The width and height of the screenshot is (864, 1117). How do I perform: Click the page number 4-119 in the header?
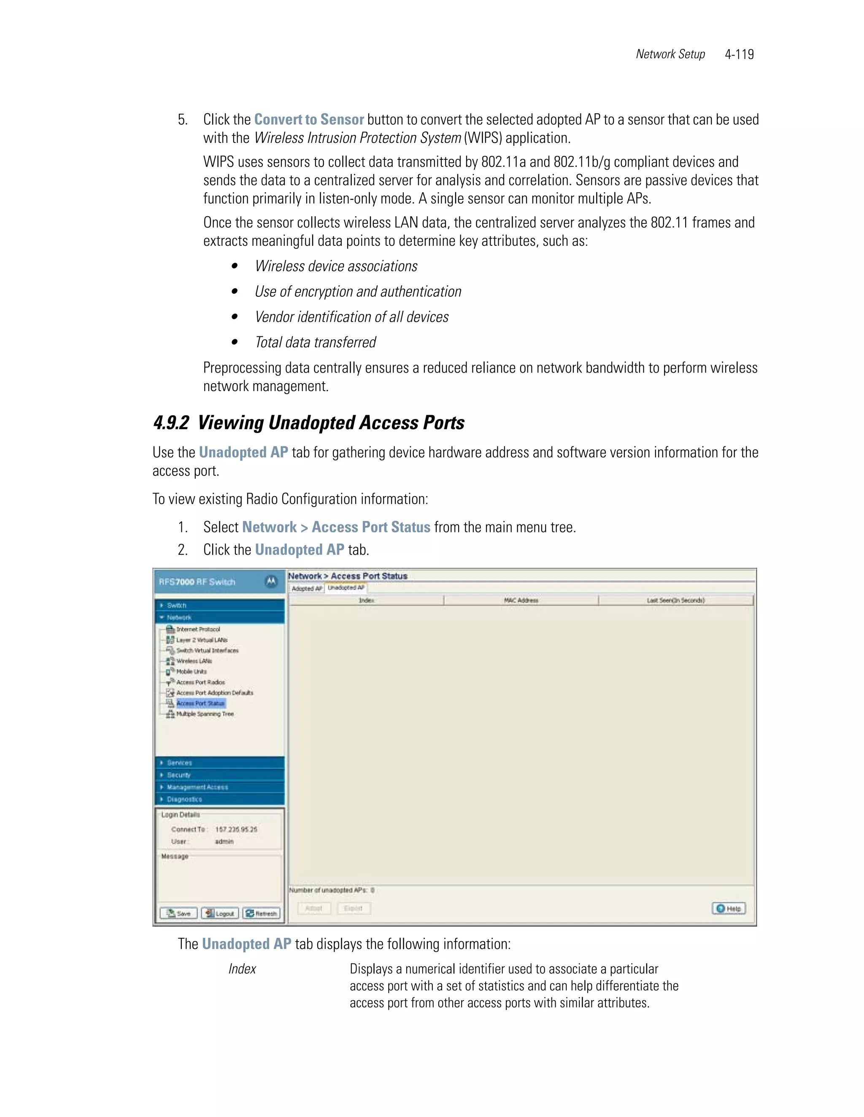(739, 54)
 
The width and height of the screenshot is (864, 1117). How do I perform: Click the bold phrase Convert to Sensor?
(309, 120)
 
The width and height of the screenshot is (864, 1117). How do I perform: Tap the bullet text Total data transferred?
(315, 342)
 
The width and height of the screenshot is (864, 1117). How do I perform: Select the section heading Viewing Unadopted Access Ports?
(331, 423)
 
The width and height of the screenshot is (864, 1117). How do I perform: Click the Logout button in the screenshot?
(220, 913)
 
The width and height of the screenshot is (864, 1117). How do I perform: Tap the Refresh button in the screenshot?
(261, 913)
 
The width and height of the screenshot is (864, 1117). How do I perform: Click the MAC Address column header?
(521, 600)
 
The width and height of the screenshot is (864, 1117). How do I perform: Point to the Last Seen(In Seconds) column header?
(676, 600)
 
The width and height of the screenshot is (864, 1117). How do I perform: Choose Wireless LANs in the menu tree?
(194, 661)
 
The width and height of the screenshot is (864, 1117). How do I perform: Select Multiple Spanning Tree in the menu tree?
(205, 714)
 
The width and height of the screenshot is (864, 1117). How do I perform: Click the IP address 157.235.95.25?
(236, 830)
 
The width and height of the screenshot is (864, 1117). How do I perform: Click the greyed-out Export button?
(353, 908)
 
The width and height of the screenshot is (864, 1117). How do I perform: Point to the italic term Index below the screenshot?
(242, 969)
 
